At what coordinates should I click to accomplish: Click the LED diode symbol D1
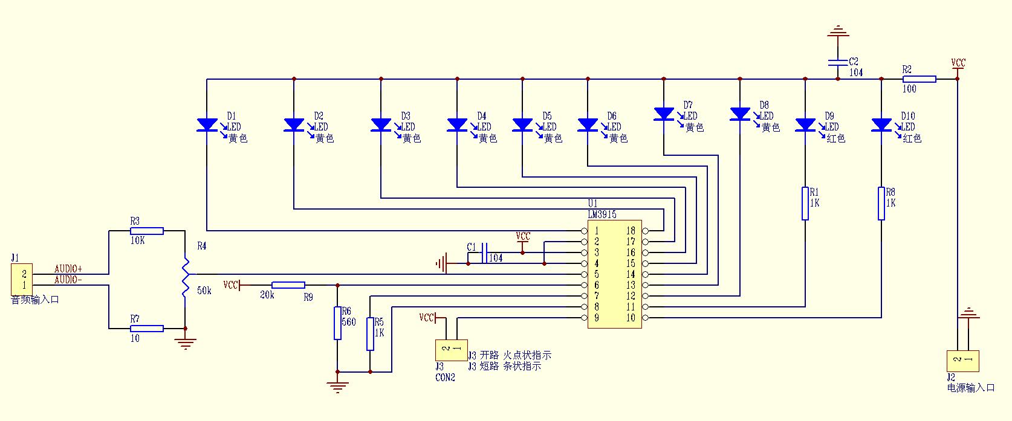[x=207, y=125]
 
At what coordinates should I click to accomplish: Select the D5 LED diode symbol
[x=522, y=125]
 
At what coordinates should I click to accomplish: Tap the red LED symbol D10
[x=881, y=125]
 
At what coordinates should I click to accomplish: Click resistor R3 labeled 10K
[x=147, y=231]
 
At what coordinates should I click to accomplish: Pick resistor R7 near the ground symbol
[x=147, y=329]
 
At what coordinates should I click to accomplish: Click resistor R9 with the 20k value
[x=288, y=285]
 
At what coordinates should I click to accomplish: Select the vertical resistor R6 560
[x=337, y=323]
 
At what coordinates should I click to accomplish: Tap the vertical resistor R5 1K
[x=370, y=334]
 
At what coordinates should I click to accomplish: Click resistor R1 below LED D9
[x=805, y=204]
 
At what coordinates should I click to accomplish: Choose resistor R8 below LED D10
[x=881, y=204]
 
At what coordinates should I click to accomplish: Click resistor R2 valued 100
[x=920, y=79]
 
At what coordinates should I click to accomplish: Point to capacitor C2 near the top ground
[x=837, y=62]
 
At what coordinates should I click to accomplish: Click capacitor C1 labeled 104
[x=484, y=252]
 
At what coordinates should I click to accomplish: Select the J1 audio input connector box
[x=21, y=279]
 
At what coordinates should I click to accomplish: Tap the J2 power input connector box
[x=962, y=361]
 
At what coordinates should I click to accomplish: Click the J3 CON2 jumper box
[x=451, y=350]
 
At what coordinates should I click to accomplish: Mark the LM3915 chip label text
[x=602, y=214]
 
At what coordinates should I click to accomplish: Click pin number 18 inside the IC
[x=631, y=231]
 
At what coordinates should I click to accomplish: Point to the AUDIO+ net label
[x=68, y=269]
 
